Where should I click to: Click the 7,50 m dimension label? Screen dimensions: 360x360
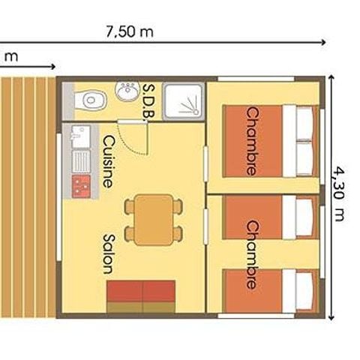point(129,31)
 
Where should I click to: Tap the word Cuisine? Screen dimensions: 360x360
point(108,160)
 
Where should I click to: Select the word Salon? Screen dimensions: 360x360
point(108,253)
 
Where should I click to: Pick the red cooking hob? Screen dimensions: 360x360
point(80,184)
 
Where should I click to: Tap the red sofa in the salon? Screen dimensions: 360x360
point(141,296)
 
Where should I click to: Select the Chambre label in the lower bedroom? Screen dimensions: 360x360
point(252,255)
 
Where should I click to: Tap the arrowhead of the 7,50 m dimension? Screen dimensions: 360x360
point(323,43)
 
